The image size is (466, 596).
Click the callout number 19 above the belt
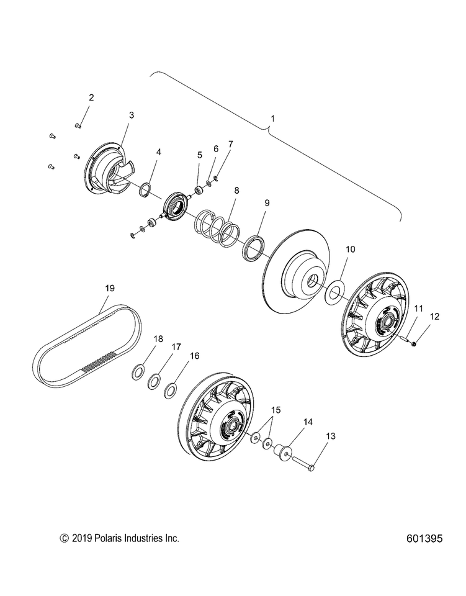[x=109, y=288]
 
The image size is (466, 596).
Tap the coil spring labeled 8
[x=217, y=227]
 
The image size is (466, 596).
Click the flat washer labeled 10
[x=336, y=291]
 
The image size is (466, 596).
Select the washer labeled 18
[x=138, y=372]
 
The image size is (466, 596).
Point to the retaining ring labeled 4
[x=144, y=189]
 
